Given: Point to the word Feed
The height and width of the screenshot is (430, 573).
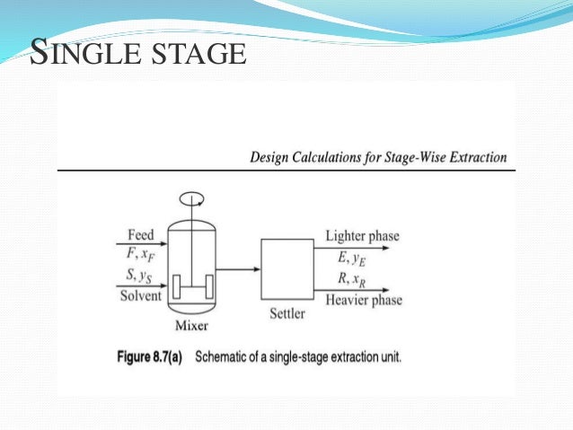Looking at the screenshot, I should [x=141, y=234].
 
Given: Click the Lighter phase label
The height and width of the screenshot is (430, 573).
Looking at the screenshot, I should [x=362, y=236].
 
